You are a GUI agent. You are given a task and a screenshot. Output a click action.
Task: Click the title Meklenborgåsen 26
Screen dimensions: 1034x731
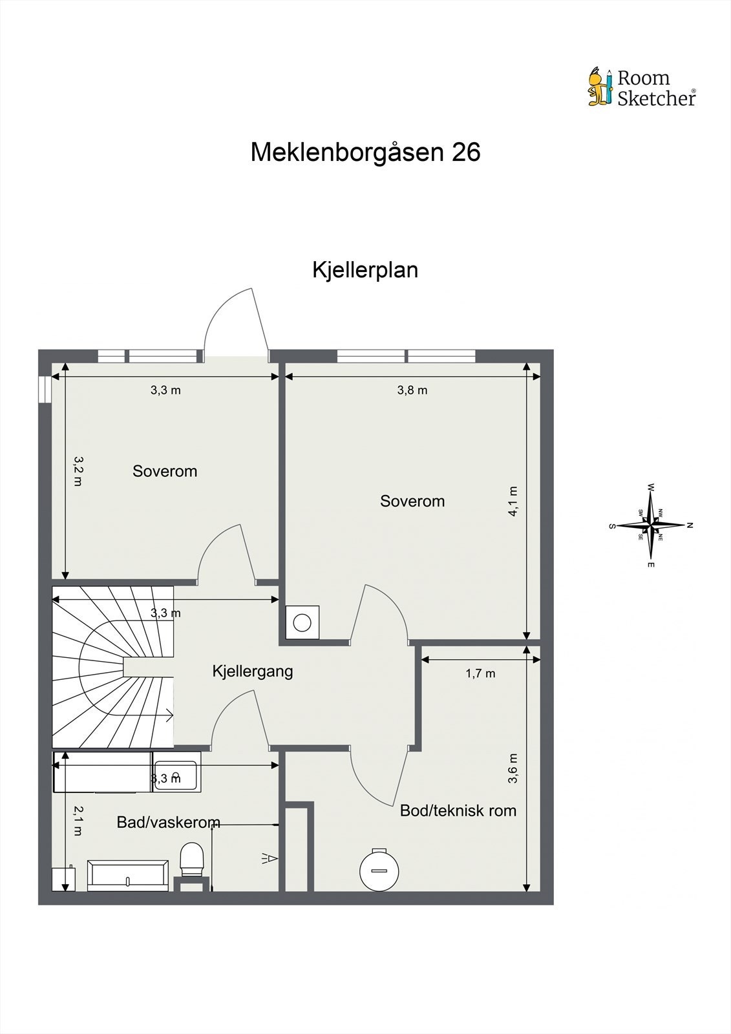point(365,153)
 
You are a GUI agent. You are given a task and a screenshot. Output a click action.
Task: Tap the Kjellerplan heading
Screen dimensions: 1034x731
point(365,269)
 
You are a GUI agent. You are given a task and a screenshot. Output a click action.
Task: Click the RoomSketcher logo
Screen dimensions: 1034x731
point(642,88)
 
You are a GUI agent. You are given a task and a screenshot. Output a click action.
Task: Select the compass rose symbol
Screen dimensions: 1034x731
point(651,525)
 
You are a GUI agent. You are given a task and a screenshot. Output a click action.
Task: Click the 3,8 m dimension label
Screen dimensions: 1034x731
point(412,390)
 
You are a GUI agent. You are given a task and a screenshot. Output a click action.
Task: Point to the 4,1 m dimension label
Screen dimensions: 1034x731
point(513,501)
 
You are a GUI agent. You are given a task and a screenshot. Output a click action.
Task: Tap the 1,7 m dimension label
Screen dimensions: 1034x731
point(480,673)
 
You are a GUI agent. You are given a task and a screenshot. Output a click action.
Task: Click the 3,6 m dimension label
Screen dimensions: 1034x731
point(513,768)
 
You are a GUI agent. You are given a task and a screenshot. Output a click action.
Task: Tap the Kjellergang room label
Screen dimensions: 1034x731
point(253,671)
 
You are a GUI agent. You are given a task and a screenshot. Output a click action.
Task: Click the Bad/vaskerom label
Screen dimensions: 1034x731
point(168,823)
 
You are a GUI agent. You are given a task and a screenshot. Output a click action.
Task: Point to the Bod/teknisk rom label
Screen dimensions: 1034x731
point(458,810)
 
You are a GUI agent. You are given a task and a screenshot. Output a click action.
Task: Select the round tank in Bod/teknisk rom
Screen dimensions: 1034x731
point(379,869)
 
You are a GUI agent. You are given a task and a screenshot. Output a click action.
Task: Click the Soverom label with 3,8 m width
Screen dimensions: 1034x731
point(412,501)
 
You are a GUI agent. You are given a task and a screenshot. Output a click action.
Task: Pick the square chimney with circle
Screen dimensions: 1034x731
point(302,622)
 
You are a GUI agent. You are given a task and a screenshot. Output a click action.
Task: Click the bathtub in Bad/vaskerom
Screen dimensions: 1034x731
point(128,876)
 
